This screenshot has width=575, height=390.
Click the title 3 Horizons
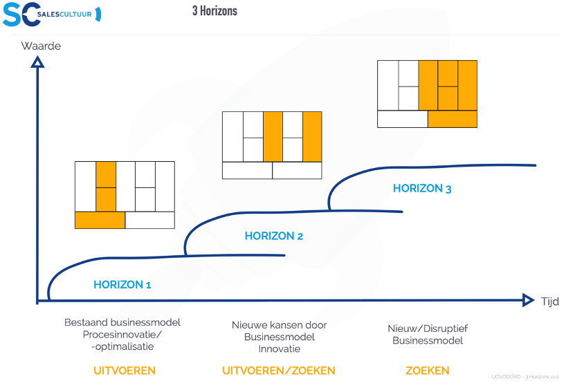(x=215, y=11)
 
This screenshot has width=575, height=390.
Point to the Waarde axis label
(x=41, y=46)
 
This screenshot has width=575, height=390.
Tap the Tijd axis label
(x=549, y=301)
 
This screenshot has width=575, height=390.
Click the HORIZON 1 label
(x=122, y=284)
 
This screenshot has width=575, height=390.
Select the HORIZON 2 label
(x=274, y=236)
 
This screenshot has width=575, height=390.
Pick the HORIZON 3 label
(x=422, y=188)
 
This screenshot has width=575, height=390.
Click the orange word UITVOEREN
(x=125, y=371)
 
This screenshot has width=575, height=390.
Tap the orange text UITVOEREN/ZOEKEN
(x=278, y=371)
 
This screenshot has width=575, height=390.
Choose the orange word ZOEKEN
(x=427, y=371)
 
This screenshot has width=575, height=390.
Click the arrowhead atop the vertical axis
(x=38, y=62)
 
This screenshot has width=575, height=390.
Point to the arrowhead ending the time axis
(x=528, y=300)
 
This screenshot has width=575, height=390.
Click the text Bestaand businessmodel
(x=122, y=322)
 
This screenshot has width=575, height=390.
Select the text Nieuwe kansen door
(x=279, y=325)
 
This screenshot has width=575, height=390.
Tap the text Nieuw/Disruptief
(x=427, y=328)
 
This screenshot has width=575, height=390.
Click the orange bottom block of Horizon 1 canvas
(x=100, y=220)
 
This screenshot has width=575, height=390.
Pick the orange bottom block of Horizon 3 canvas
(x=453, y=119)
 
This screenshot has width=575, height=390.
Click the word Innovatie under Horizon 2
(x=279, y=349)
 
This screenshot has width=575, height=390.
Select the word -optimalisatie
(x=122, y=346)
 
